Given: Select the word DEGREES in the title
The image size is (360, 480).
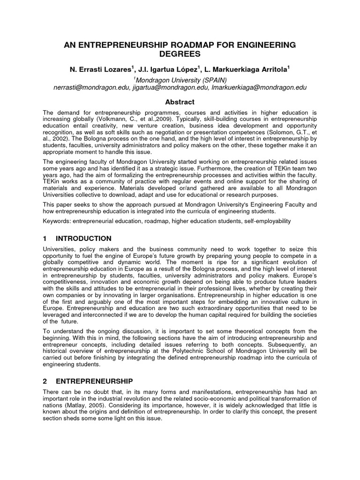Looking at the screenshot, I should tap(180, 55).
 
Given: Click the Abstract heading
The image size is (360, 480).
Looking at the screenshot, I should tap(180, 102).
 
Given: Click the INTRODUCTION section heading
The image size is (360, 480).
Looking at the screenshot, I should tap(83, 239).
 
